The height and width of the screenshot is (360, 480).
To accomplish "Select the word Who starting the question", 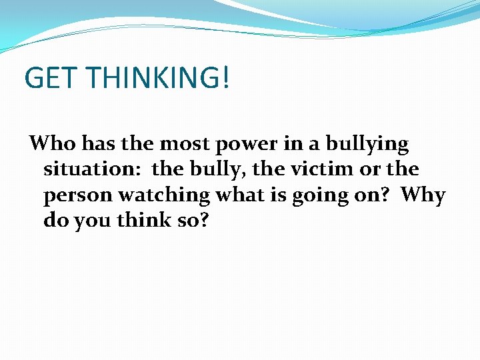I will click(51, 143).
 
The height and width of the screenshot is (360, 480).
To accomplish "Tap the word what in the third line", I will click(238, 195).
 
